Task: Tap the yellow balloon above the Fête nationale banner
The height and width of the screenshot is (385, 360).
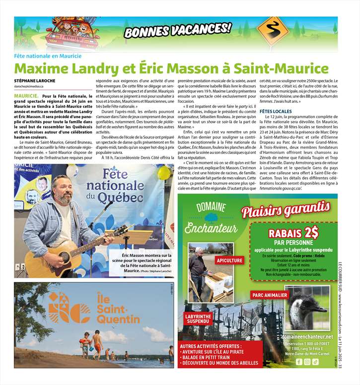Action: coord(163,172)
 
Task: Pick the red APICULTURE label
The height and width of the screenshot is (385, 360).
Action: coord(229,260)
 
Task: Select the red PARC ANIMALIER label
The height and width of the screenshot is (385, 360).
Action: coord(270,295)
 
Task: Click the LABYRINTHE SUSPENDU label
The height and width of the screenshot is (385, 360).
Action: coord(197,318)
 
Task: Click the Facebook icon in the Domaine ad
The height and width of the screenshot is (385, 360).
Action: coord(298,362)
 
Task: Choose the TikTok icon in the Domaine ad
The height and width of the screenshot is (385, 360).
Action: coord(315,362)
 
